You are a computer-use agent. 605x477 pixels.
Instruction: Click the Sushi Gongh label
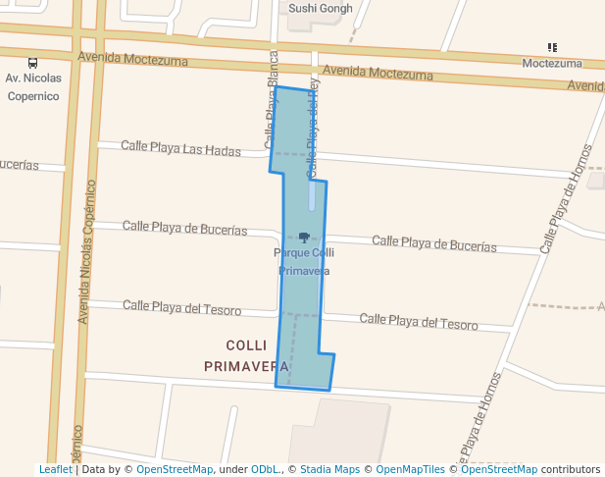[319, 9]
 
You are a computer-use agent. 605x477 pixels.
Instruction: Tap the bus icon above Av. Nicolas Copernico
[33, 62]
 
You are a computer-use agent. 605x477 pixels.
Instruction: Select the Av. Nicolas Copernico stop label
[33, 86]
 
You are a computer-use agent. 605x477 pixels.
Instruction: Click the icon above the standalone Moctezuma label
[552, 47]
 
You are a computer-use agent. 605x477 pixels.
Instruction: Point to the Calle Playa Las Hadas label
[180, 148]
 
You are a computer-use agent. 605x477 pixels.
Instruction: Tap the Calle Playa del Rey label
[314, 128]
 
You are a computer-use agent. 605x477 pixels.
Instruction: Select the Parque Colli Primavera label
[304, 261]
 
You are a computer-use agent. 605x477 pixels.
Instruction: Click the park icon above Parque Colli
[304, 237]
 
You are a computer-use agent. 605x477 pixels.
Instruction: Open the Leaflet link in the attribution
[55, 469]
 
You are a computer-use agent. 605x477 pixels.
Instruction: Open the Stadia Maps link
[329, 469]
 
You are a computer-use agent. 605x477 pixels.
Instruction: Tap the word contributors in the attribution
[570, 469]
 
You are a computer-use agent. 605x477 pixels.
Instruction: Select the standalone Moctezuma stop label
[552, 64]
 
